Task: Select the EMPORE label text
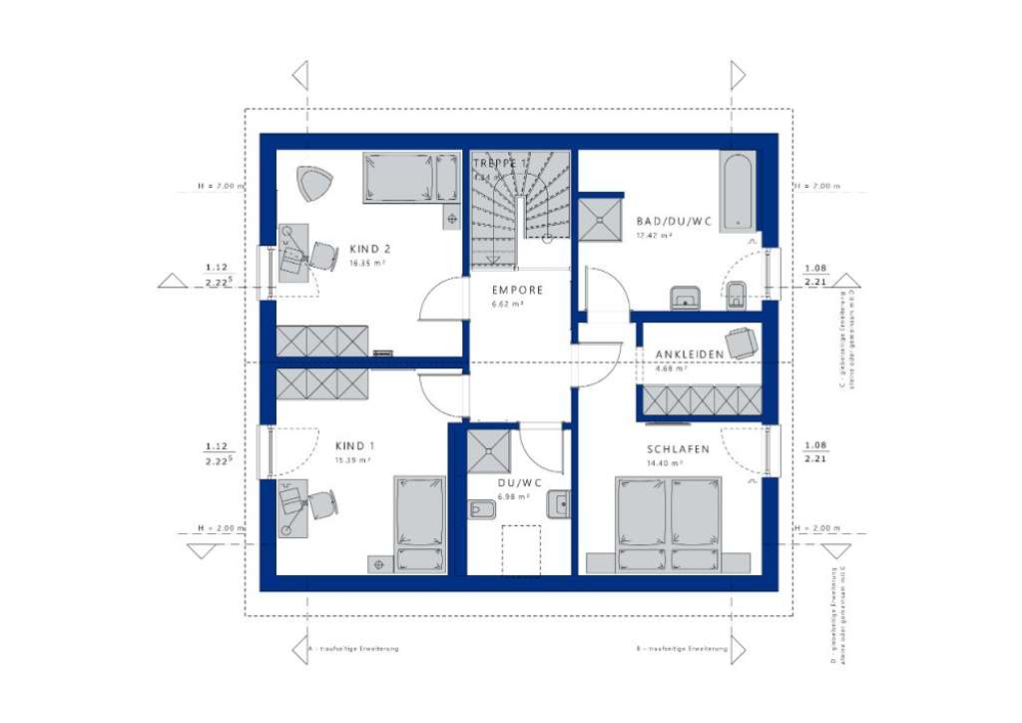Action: (517, 291)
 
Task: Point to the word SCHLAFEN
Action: (678, 449)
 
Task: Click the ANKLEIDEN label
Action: (690, 355)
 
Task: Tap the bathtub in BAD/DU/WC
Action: (737, 191)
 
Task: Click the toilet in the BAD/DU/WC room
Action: (738, 294)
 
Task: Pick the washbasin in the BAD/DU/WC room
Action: (685, 297)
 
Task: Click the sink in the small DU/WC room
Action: (559, 505)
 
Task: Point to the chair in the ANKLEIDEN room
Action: (741, 343)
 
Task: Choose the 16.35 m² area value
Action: (367, 265)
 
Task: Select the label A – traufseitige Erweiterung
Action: (353, 649)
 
